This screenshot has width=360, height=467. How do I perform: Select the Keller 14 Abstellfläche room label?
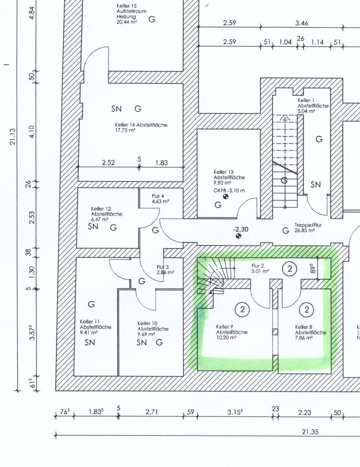141,127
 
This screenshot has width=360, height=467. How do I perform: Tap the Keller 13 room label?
229,177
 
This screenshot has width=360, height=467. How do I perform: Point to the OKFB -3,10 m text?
229,190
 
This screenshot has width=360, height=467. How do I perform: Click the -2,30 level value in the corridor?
241,229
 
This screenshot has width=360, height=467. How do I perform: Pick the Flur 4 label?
161,198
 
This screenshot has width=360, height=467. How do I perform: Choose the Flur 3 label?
165,269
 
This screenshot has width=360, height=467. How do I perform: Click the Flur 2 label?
260,269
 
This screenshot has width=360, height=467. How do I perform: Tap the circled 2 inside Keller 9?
242,309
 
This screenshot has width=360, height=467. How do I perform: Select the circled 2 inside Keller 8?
306,309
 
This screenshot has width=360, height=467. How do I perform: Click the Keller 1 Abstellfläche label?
313,106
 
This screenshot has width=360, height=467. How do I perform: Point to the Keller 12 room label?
107,214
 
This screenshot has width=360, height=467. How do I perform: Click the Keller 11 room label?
95,327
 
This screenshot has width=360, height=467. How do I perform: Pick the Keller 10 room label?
153,329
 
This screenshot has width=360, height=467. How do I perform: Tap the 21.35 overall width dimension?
310,431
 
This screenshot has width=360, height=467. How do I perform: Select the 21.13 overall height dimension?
13,136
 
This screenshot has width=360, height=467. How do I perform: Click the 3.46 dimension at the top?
302,23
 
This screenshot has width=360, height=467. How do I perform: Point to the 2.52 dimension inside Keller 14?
108,162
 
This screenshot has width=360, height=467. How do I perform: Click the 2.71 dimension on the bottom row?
152,412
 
